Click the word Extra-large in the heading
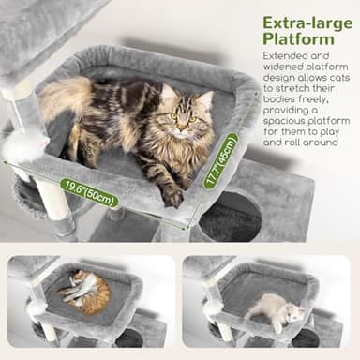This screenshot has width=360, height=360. point(301,22)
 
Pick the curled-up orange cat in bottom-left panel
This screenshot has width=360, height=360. point(86,292)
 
